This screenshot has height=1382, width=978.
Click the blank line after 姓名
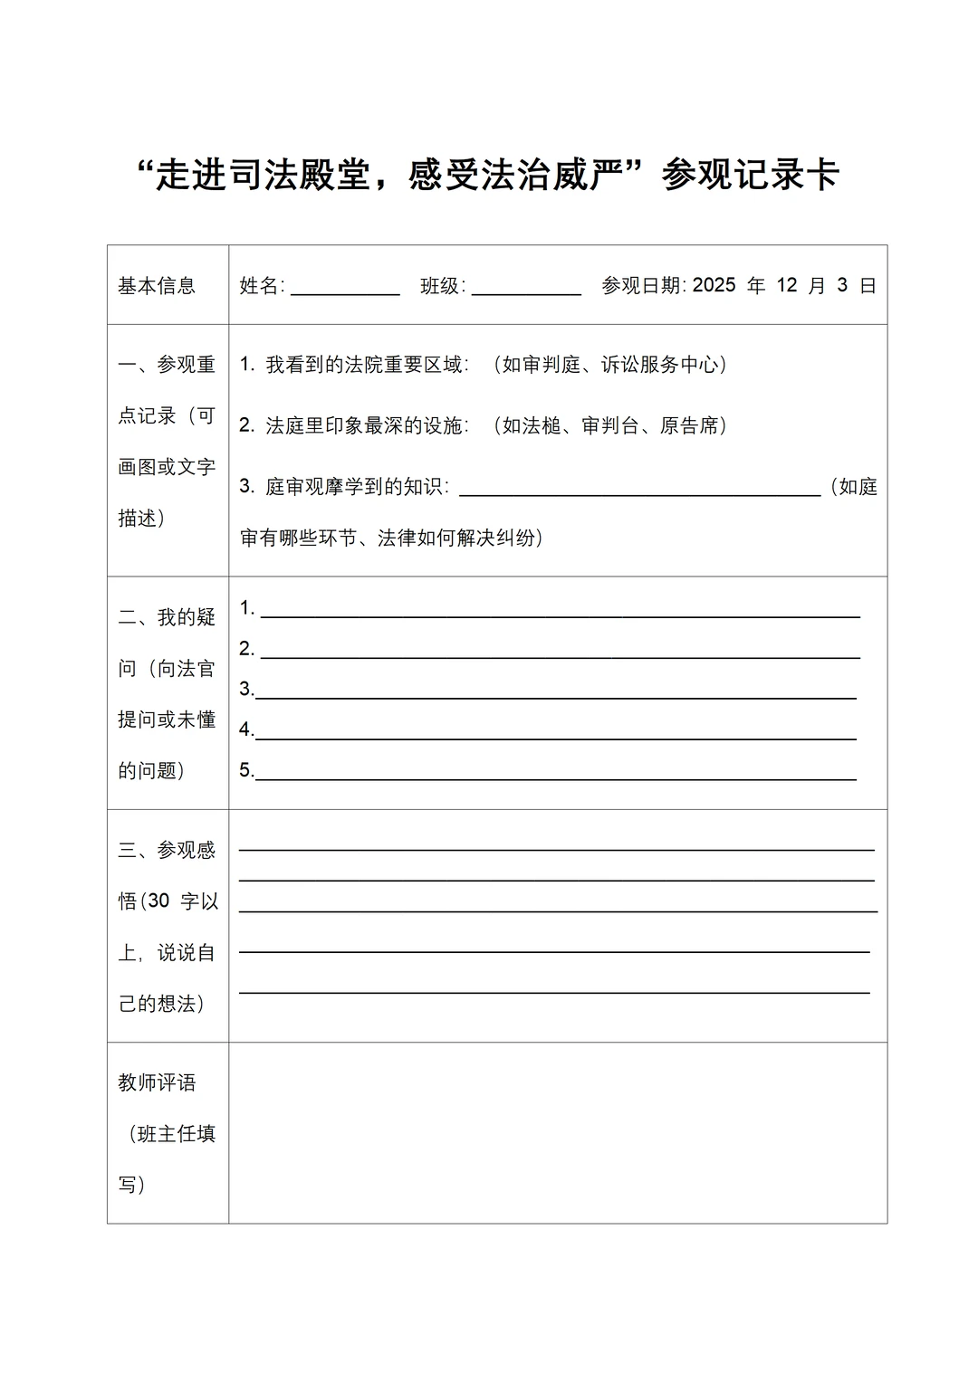click(345, 292)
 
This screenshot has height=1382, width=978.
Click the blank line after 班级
click(526, 292)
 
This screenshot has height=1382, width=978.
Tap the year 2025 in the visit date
click(714, 285)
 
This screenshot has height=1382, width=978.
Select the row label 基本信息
click(157, 286)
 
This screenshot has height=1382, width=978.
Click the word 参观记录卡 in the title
click(751, 175)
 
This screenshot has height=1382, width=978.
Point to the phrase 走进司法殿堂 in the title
click(264, 175)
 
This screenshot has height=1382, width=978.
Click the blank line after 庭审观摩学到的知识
click(639, 493)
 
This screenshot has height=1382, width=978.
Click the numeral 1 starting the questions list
click(246, 608)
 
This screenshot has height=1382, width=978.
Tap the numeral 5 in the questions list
click(245, 770)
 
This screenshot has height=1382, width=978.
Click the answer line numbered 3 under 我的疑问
click(555, 696)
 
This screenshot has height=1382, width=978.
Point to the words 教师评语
click(157, 1083)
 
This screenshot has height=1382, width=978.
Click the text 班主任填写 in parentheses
click(177, 1135)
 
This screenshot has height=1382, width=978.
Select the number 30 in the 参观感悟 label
click(158, 901)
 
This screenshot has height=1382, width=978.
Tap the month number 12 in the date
click(787, 285)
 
